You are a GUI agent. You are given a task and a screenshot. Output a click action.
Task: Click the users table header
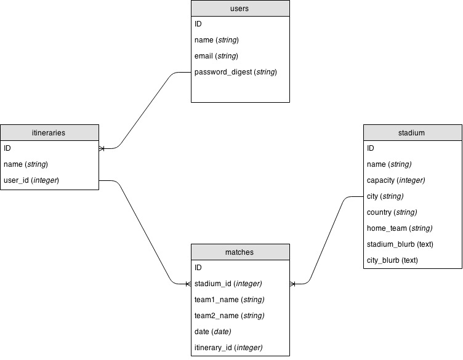point(240,8)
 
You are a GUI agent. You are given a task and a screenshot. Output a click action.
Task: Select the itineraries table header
point(49,132)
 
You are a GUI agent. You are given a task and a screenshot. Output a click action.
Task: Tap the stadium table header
point(412,132)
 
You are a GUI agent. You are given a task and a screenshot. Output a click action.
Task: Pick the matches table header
point(240,252)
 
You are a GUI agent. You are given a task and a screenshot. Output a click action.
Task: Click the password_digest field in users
point(235,72)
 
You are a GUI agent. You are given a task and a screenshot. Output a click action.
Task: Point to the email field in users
point(216,56)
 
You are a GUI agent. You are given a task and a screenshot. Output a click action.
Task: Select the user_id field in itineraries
point(31,180)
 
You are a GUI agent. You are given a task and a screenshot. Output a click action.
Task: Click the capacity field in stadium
point(396,180)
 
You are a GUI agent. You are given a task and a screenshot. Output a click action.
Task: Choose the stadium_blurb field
point(400,244)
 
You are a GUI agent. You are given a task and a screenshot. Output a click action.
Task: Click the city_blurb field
point(392,260)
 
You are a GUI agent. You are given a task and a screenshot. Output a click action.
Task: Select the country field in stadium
point(392,212)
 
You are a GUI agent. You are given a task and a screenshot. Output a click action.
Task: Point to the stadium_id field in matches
point(228,284)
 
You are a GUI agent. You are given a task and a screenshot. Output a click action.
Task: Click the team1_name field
point(229,300)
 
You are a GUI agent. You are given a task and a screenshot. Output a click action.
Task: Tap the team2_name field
point(229,316)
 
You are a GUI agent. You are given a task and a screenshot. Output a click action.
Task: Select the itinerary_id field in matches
point(228,348)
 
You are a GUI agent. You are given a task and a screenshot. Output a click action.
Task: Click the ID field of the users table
point(198,24)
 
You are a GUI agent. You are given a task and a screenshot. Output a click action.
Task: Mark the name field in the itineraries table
point(26,164)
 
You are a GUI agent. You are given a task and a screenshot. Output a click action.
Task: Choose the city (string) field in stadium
point(385,196)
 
